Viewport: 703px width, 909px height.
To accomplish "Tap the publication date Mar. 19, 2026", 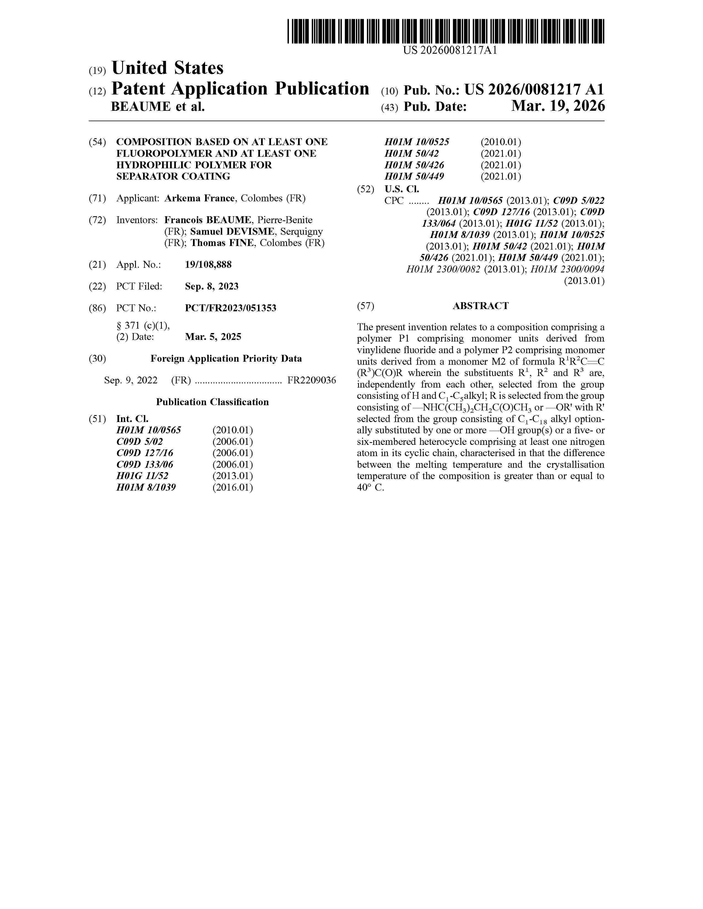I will point(558,107).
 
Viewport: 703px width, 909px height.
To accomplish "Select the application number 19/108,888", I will point(208,265).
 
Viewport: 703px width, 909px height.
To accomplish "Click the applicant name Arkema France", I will point(200,199).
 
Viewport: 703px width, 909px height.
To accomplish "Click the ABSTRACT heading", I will point(481,306).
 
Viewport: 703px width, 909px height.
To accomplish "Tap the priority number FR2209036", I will point(312,380).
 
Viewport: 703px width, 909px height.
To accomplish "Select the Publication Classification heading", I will point(212,402).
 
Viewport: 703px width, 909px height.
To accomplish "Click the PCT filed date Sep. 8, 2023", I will point(211,286).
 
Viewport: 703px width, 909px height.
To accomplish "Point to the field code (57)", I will point(365,306).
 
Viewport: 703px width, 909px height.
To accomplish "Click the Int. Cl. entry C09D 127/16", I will point(145,453).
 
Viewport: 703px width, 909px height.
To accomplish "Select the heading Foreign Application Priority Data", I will point(226,359).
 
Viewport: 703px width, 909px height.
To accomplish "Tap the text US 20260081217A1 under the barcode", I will point(450,51).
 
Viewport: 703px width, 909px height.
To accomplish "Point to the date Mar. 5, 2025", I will point(213,337).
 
